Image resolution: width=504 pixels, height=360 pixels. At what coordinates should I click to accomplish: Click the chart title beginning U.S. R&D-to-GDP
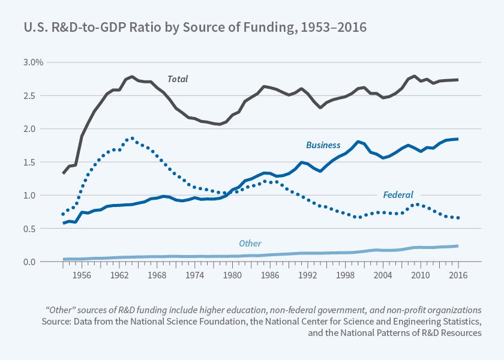195,28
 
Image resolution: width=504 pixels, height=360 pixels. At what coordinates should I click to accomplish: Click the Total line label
177,79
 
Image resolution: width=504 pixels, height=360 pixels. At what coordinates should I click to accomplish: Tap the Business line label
323,145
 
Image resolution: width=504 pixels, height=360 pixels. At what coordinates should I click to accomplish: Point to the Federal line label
398,194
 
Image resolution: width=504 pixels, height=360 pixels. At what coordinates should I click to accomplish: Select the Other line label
250,243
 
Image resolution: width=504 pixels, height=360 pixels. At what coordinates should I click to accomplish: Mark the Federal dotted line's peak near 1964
131,138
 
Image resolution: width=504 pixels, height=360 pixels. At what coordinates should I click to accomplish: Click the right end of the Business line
458,139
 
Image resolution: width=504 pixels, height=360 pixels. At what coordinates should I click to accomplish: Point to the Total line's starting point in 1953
64,173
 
